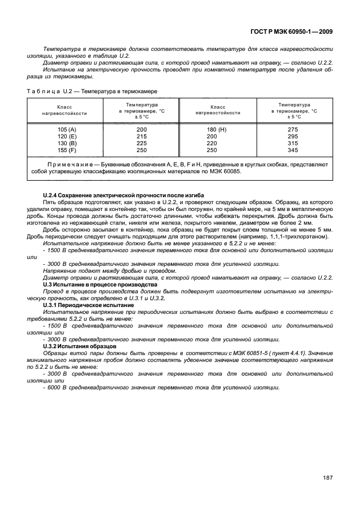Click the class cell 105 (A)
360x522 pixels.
point(64,130)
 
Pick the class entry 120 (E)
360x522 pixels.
point(64,137)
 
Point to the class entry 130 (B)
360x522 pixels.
point(64,144)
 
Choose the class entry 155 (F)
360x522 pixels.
point(64,150)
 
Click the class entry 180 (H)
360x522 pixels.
point(217,130)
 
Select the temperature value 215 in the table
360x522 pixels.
point(142,137)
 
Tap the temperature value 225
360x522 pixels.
point(142,144)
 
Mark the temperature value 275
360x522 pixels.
point(293,130)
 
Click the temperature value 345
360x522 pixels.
point(293,150)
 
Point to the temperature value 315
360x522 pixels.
point(293,144)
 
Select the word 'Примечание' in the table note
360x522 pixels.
point(69,164)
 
